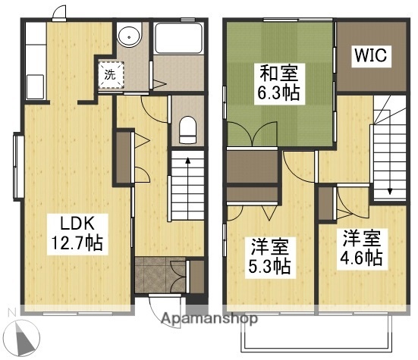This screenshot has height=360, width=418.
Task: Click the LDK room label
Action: click(77, 224)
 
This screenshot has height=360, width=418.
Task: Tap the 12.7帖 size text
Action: click(77, 244)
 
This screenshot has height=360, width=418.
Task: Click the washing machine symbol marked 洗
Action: click(111, 74)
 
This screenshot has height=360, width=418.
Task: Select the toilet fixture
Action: click(187, 130)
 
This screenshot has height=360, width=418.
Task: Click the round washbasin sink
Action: click(130, 36)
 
